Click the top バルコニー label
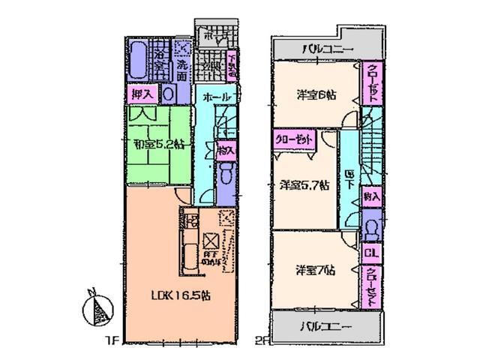pyautogui.click(x=326, y=49)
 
